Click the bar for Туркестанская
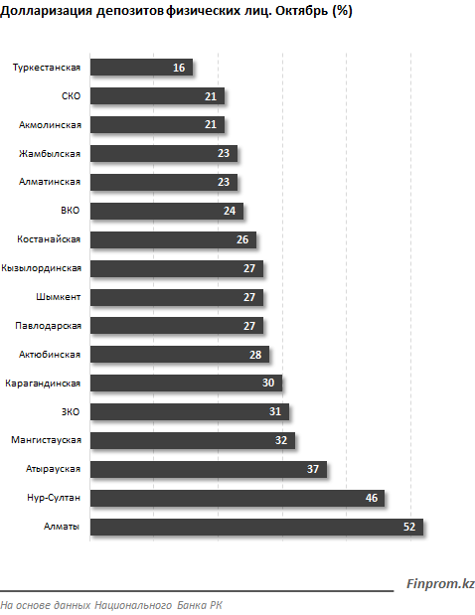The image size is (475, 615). tap(141, 68)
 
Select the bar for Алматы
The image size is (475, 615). tap(256, 527)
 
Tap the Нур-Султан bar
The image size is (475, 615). tap(237, 498)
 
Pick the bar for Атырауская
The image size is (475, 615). tap(209, 469)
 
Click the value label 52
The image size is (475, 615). tap(409, 527)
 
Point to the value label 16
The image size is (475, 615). tap(179, 68)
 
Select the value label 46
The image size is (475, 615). tap(371, 498)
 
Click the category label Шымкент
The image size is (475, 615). tap(58, 297)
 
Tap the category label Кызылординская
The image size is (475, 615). tap(41, 268)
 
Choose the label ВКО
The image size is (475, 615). tap(71, 211)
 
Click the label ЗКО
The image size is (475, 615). tap(71, 412)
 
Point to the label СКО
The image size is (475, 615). tap(71, 96)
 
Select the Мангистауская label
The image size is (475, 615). tap(46, 440)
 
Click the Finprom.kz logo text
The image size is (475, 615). tap(440, 583)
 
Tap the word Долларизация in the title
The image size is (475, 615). tap(47, 11)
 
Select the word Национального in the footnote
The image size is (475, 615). tap(133, 605)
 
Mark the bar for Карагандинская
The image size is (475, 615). tap(186, 384)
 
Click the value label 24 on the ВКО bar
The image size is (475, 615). tap(230, 211)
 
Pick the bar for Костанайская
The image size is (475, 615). tap(173, 239)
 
